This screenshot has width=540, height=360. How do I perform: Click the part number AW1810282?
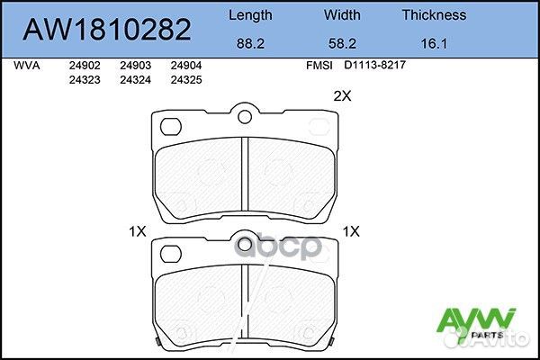click(106, 29)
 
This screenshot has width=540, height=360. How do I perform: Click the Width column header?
click(342, 14)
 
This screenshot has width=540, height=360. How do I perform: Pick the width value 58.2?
click(342, 41)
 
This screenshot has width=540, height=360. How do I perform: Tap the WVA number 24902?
click(84, 66)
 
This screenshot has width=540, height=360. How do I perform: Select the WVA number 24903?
click(135, 66)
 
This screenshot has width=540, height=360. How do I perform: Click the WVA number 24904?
click(186, 66)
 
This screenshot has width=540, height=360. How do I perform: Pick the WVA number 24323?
click(84, 79)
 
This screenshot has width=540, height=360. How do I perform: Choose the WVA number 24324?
click(135, 79)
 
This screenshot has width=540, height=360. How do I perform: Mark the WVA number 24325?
click(186, 79)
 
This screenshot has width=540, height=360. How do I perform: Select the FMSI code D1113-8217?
click(373, 66)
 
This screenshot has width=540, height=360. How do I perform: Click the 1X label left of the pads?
click(137, 231)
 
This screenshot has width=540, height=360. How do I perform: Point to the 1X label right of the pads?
click(351, 231)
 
